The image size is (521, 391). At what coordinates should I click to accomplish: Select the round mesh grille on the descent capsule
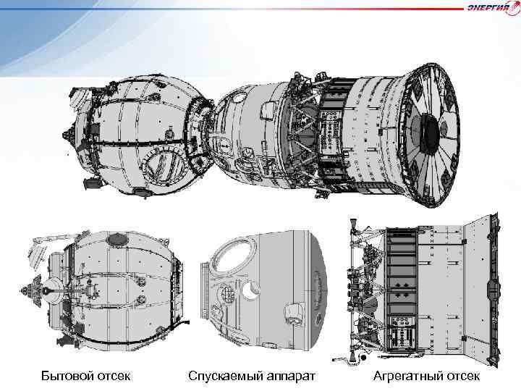pyautogui.click(x=226, y=295)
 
